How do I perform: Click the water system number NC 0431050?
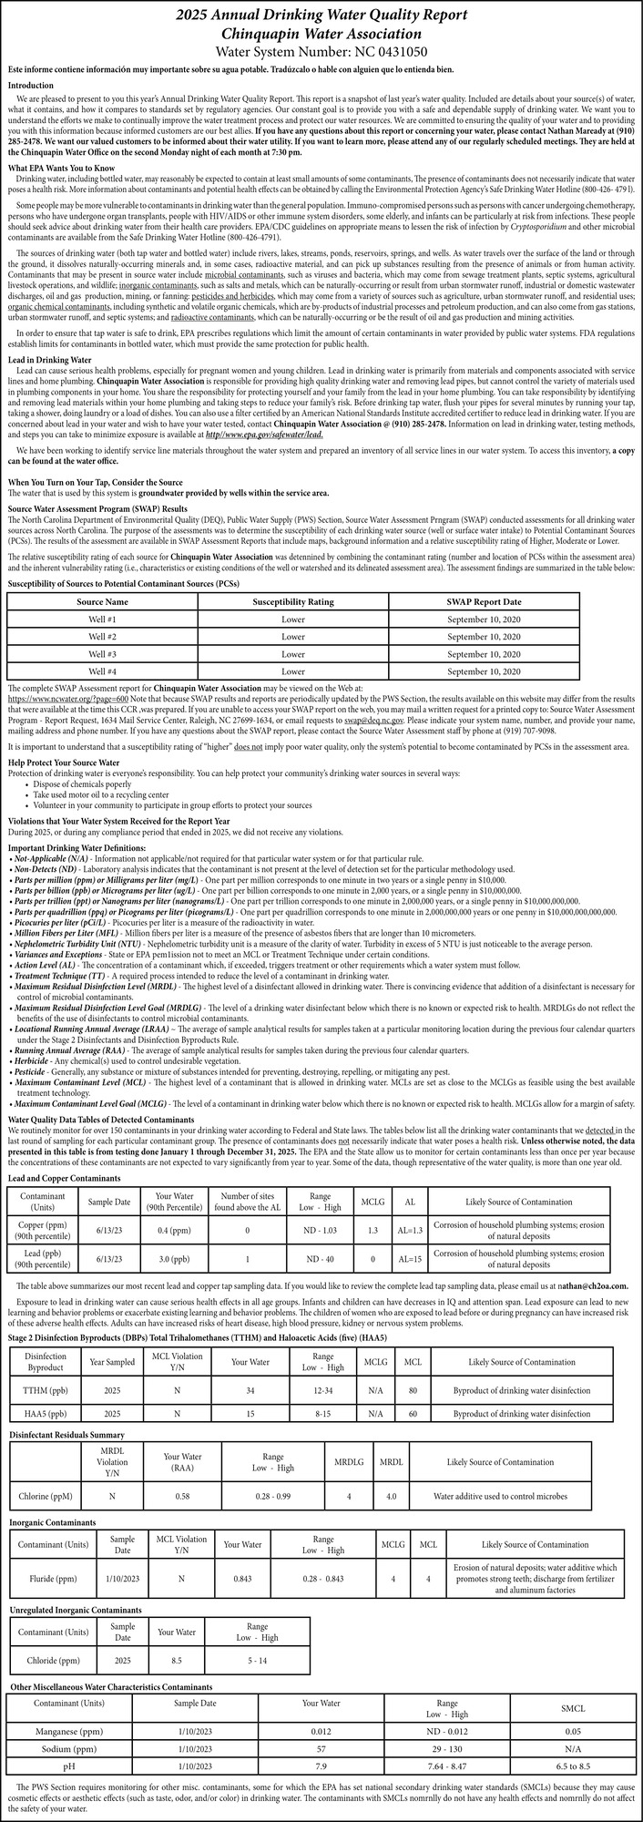(321, 52)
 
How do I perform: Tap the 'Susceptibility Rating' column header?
(292, 602)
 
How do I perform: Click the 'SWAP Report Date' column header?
(484, 602)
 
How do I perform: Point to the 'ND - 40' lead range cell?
(324, 1259)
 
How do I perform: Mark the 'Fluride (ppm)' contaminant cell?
(55, 1578)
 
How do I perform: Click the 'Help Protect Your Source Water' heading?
(64, 762)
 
